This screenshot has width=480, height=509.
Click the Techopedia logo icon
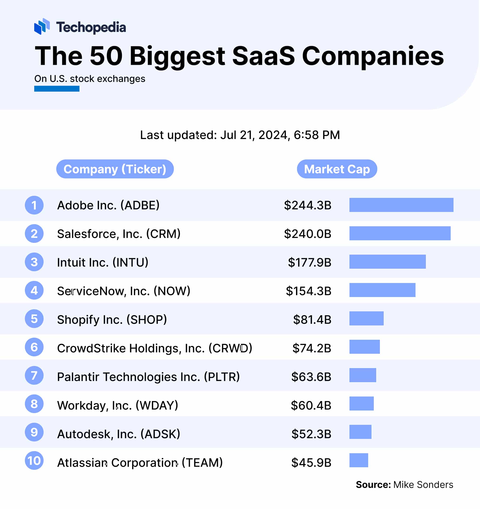click(42, 26)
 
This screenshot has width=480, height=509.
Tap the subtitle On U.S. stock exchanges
click(90, 79)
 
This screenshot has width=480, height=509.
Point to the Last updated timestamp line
click(240, 135)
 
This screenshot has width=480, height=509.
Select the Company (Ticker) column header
click(115, 169)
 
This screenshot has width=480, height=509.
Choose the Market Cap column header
click(337, 169)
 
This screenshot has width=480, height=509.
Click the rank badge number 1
click(34, 205)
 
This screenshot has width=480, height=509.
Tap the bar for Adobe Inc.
click(401, 205)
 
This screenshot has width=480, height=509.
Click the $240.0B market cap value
click(307, 234)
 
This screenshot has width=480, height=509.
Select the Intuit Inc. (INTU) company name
click(103, 262)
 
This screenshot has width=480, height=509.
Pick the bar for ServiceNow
click(382, 290)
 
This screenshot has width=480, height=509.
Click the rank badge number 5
click(34, 319)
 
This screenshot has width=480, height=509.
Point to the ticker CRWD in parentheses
click(230, 348)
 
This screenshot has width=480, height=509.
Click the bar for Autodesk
click(360, 432)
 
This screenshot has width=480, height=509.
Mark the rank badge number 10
click(34, 461)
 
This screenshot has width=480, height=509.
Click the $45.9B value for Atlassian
click(311, 463)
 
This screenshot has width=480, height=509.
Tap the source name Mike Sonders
click(423, 485)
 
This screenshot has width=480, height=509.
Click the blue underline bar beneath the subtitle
click(56, 89)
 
